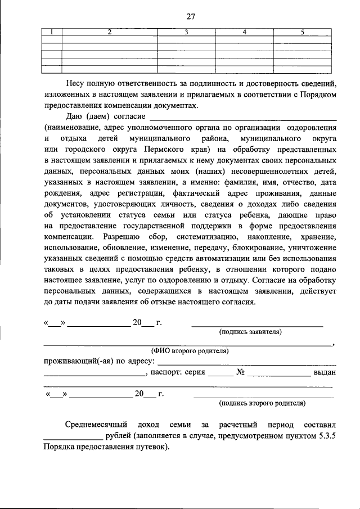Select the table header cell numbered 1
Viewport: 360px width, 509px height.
pyautogui.click(x=52, y=31)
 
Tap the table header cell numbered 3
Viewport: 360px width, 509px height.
pyautogui.click(x=186, y=31)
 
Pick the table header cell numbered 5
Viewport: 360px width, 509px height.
pyautogui.click(x=301, y=31)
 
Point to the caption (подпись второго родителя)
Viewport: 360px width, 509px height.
pyautogui.click(x=263, y=403)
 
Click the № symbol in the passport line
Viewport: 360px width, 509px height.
pyautogui.click(x=240, y=372)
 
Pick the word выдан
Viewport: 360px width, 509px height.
pyautogui.click(x=326, y=372)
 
